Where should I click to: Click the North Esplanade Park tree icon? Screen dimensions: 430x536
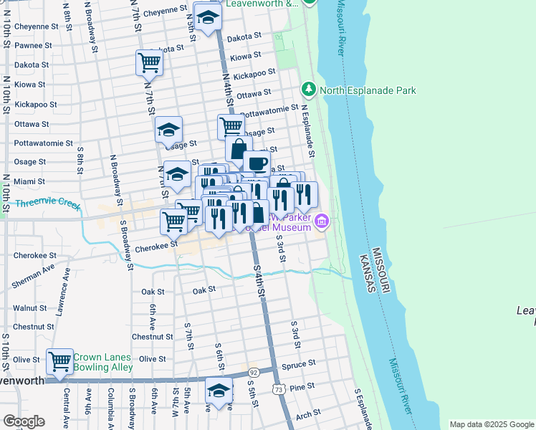pyautogui.click(x=309, y=90)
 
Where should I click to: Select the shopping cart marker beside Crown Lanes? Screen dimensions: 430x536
pyautogui.click(x=59, y=361)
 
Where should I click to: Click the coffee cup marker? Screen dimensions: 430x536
pyautogui.click(x=257, y=163)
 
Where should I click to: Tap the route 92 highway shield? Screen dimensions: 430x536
pyautogui.click(x=254, y=373)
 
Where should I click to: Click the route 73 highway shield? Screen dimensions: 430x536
pyautogui.click(x=279, y=388)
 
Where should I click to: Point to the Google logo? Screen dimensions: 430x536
pyautogui.click(x=24, y=421)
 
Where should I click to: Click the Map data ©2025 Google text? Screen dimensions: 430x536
pyautogui.click(x=491, y=424)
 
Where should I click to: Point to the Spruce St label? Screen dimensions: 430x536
pyautogui.click(x=299, y=363)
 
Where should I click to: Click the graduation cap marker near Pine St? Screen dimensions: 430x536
pyautogui.click(x=219, y=391)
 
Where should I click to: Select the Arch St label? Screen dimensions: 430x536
pyautogui.click(x=307, y=414)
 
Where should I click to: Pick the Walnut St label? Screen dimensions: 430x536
pyautogui.click(x=29, y=307)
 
